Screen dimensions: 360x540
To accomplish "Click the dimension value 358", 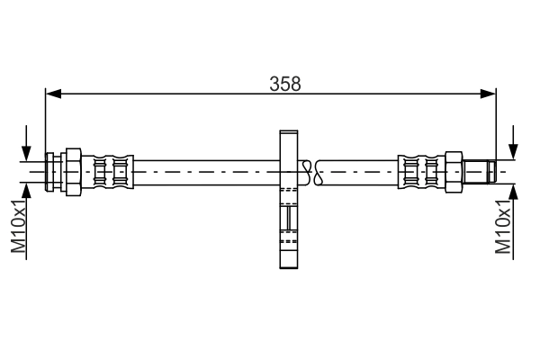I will (x=285, y=83).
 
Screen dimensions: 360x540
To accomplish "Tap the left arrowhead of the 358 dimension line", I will (x=52, y=93).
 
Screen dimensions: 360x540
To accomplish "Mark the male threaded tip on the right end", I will (x=479, y=169).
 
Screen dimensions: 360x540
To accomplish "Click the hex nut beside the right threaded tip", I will (x=453, y=169).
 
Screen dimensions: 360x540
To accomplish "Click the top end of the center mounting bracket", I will (x=288, y=135).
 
